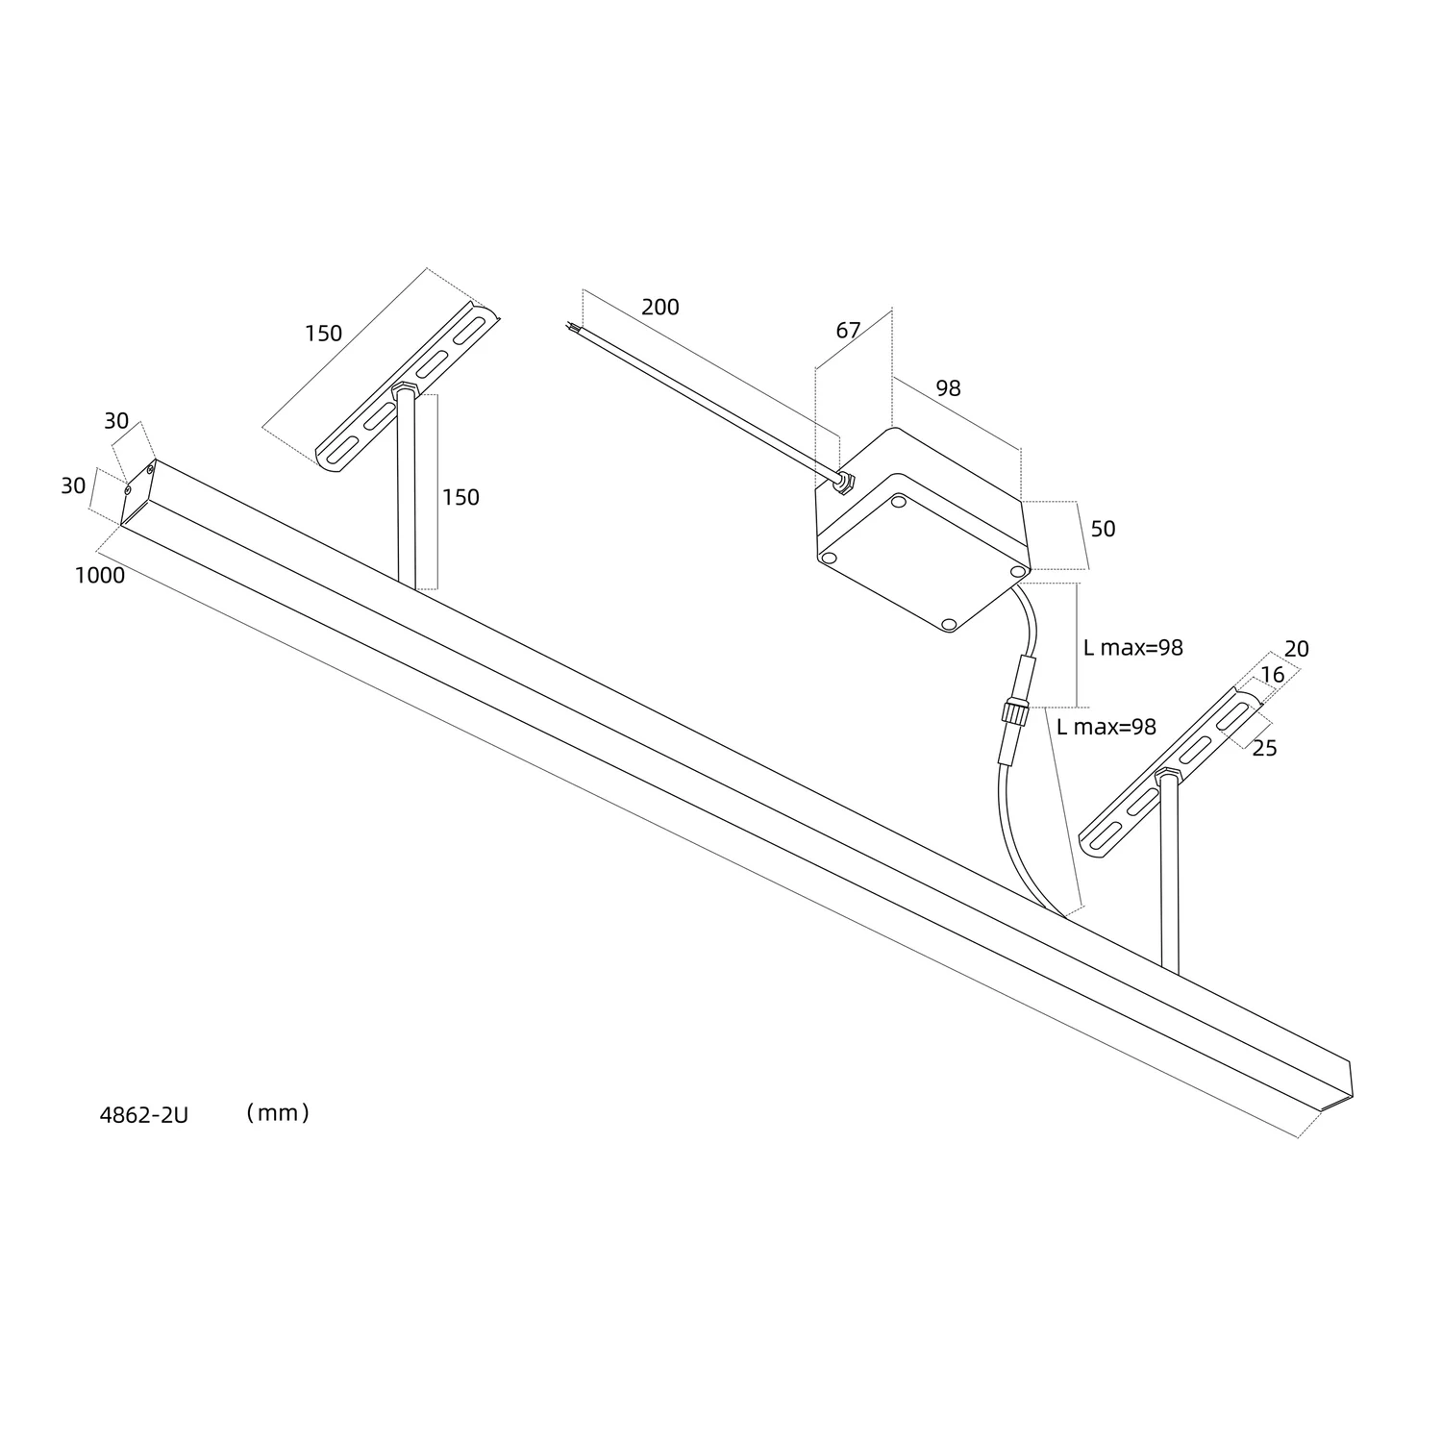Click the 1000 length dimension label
point(100,576)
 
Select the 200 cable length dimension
point(659,307)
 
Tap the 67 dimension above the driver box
point(848,331)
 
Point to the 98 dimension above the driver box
point(948,388)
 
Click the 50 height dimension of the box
point(1103,529)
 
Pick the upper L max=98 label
point(1132,648)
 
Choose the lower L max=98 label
point(1106,727)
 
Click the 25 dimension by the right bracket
point(1264,748)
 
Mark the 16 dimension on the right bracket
point(1272,675)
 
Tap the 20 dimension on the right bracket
point(1296,649)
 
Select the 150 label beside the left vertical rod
point(460,497)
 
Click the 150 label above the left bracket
point(323,334)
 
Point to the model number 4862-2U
point(144,1115)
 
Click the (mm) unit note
point(277,1113)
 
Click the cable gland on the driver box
point(842,480)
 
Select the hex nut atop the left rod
point(404,390)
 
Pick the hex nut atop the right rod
point(1167,773)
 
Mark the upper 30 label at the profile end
point(116,421)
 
